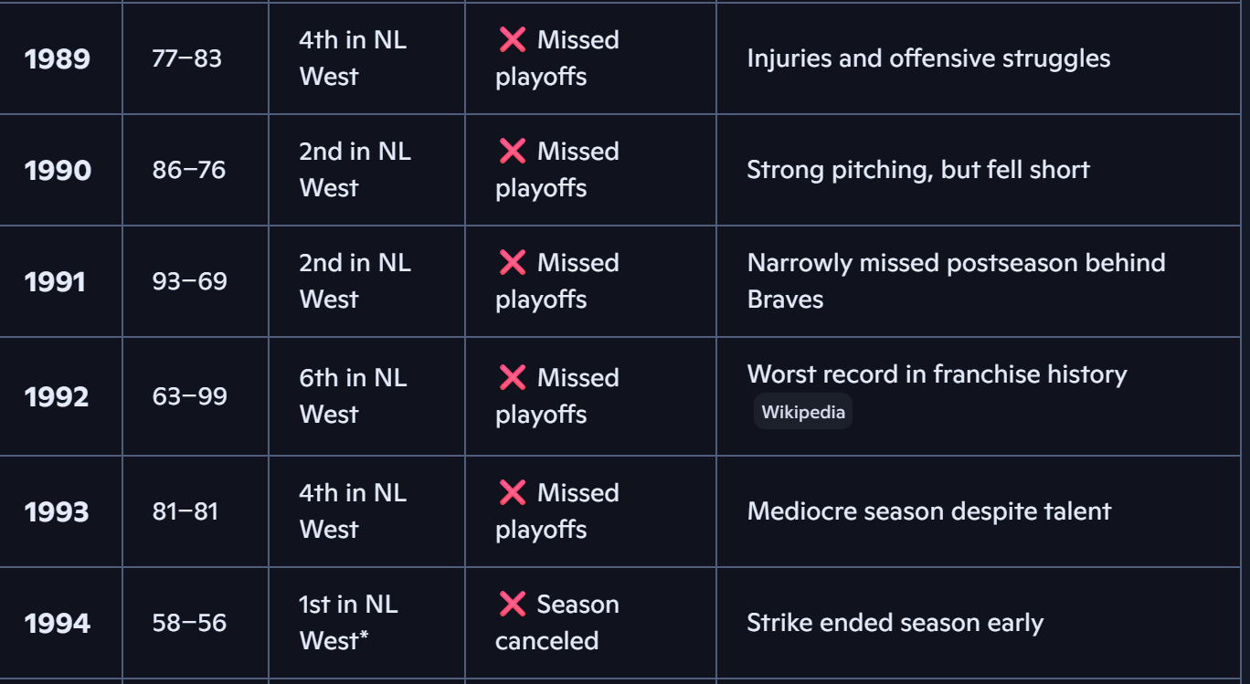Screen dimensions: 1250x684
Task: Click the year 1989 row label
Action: (57, 58)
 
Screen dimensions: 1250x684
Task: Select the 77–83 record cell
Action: (187, 58)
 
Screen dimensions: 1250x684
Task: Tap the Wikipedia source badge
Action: (803, 412)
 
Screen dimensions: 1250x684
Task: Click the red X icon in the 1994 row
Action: (513, 604)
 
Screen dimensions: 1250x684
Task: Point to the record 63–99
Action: (190, 396)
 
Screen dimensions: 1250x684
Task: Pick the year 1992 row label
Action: (57, 396)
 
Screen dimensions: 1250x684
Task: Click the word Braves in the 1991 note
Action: (785, 300)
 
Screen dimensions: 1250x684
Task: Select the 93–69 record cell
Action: (190, 281)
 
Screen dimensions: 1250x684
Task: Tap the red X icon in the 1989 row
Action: (513, 39)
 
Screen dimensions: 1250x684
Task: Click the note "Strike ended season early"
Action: (895, 623)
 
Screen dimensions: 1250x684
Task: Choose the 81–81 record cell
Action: (185, 511)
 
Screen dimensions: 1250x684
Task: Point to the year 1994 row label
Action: (57, 623)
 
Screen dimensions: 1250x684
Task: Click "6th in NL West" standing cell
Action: (354, 396)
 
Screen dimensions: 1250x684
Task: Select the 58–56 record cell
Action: (189, 623)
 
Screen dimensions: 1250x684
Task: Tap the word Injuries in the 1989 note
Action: (789, 58)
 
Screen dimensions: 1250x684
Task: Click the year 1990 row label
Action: (58, 170)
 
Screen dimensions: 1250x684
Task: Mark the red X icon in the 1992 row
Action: (513, 378)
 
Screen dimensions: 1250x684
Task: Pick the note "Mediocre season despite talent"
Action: (929, 511)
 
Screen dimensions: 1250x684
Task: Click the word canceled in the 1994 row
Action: (546, 640)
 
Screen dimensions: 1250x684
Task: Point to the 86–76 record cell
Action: (189, 170)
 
